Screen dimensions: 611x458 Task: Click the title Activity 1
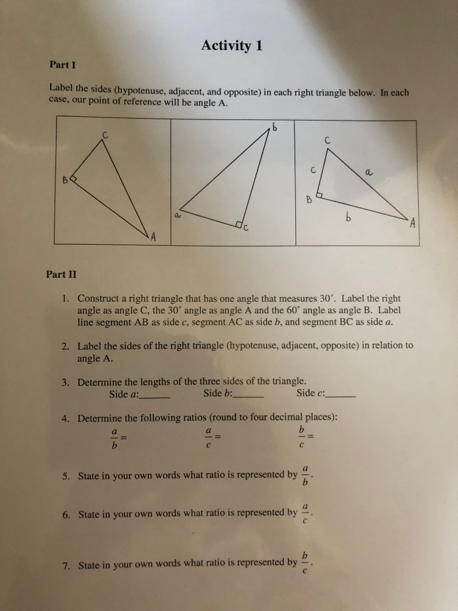point(231,45)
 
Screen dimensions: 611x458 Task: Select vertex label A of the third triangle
point(411,223)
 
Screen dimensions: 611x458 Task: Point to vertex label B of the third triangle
point(310,199)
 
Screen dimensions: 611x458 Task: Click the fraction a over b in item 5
point(305,475)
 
